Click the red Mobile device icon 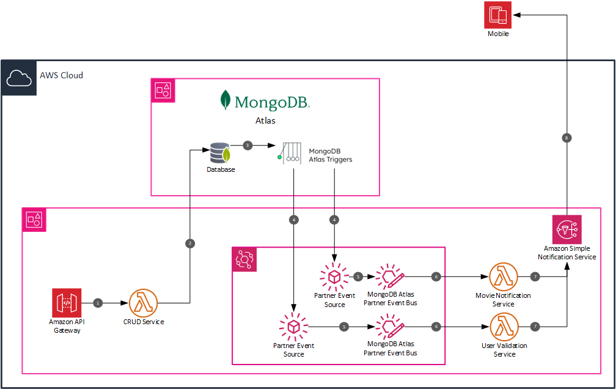(x=497, y=15)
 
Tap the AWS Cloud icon (x=18, y=78)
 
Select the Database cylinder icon (x=219, y=152)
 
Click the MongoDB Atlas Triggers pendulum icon (x=289, y=153)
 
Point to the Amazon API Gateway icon (x=67, y=303)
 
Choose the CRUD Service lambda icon (x=144, y=303)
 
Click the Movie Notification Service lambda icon (x=503, y=278)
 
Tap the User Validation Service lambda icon (x=503, y=327)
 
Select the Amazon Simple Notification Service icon (x=566, y=230)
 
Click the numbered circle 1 (x=98, y=303)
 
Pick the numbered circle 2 (x=190, y=243)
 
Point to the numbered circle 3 (x=248, y=146)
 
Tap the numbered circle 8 (x=567, y=138)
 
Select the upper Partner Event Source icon (x=334, y=277)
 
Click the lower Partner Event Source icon (x=293, y=327)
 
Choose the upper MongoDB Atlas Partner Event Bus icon (x=389, y=277)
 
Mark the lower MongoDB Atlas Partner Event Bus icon (x=389, y=327)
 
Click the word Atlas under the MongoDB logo (x=265, y=121)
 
